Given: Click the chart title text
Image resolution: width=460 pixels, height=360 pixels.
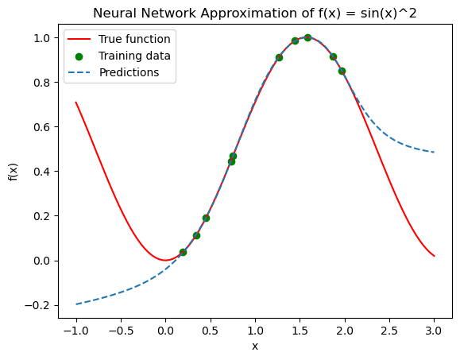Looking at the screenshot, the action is pyautogui.click(x=255, y=14).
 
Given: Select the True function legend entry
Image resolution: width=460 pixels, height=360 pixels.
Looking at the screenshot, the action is pyautogui.click(x=119, y=39).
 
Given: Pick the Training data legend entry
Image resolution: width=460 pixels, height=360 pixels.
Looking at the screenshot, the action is pyautogui.click(x=119, y=56).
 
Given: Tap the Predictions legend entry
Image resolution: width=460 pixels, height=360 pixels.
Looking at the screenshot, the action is pyautogui.click(x=114, y=72).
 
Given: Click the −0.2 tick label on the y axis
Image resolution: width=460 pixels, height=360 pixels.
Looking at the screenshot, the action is pyautogui.click(x=39, y=305).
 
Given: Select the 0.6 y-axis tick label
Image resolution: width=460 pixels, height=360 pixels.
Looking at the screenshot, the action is pyautogui.click(x=43, y=127).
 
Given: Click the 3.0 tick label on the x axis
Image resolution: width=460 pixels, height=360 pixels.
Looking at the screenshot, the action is pyautogui.click(x=435, y=331).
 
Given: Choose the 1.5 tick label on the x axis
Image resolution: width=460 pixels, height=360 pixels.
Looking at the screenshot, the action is pyautogui.click(x=300, y=331).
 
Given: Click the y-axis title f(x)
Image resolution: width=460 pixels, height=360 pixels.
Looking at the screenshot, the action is pyautogui.click(x=14, y=172).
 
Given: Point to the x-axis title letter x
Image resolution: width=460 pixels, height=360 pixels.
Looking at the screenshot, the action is pyautogui.click(x=255, y=346).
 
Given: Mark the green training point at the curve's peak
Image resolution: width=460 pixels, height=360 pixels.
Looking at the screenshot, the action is pyautogui.click(x=307, y=37).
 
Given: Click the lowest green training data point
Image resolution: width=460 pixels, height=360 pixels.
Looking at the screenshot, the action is pyautogui.click(x=183, y=252).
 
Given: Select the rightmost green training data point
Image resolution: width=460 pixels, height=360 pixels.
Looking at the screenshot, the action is pyautogui.click(x=342, y=71).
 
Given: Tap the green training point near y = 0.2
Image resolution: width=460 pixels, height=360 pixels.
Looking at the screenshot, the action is pyautogui.click(x=206, y=218).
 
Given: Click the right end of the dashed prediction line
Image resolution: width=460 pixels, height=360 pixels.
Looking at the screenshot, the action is pyautogui.click(x=435, y=153).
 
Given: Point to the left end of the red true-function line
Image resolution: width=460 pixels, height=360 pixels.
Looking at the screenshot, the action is pyautogui.click(x=76, y=102).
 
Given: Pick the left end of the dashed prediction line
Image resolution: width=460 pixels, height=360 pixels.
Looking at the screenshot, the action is pyautogui.click(x=76, y=304).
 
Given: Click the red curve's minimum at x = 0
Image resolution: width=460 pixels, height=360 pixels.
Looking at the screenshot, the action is pyautogui.click(x=166, y=260).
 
